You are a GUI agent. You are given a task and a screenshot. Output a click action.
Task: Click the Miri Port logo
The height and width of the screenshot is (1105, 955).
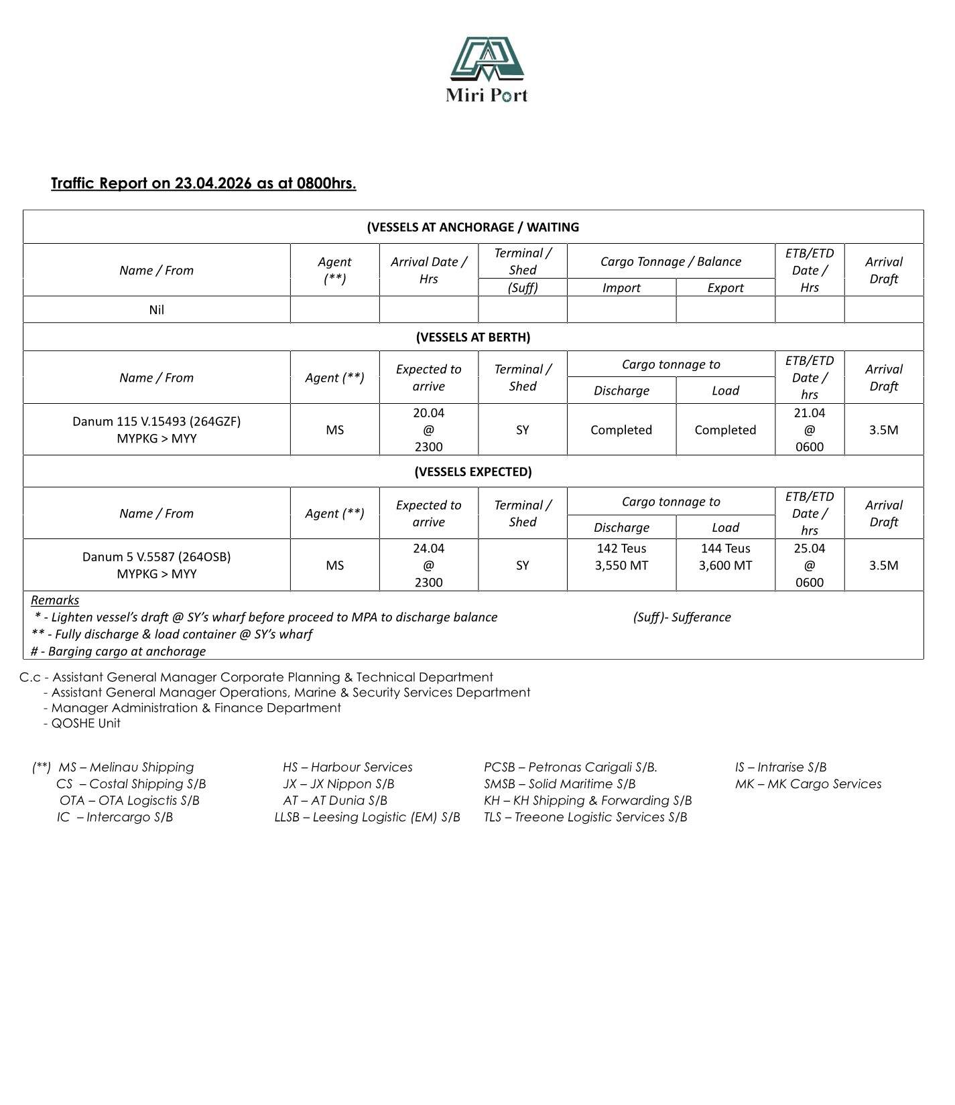pyautogui.click(x=487, y=69)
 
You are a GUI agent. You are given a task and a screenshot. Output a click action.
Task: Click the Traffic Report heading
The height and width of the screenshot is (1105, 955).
pyautogui.click(x=203, y=183)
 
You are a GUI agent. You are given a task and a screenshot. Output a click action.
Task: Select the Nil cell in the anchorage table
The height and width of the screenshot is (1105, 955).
pyautogui.click(x=156, y=309)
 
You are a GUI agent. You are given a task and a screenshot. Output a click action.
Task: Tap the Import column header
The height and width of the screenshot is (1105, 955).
pyautogui.click(x=621, y=287)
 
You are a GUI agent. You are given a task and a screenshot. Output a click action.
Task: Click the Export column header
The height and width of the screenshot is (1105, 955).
pyautogui.click(x=725, y=287)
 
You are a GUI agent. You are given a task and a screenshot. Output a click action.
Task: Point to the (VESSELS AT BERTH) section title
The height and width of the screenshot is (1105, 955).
pyautogui.click(x=472, y=337)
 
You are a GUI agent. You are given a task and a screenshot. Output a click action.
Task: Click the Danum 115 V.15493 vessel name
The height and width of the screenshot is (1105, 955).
pyautogui.click(x=156, y=421)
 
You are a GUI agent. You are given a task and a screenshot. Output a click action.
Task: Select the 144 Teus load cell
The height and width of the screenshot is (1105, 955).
pyautogui.click(x=725, y=557)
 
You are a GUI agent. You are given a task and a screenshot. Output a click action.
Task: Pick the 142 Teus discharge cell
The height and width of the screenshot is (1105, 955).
pyautogui.click(x=621, y=557)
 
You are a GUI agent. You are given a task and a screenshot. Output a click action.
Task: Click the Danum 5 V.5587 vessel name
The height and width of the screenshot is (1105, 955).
pyautogui.click(x=156, y=557)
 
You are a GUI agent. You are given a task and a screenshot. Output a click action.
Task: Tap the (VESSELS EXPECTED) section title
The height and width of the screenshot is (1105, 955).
pyautogui.click(x=472, y=471)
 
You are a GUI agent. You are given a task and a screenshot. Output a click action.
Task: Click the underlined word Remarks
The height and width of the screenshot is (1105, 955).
pyautogui.click(x=55, y=600)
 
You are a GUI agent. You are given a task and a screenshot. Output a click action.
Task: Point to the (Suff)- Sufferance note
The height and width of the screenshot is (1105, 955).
pyautogui.click(x=682, y=617)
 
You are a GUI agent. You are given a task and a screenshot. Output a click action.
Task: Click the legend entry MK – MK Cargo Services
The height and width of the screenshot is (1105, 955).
pyautogui.click(x=808, y=784)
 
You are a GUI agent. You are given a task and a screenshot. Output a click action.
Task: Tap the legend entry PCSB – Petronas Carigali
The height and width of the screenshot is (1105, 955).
pyautogui.click(x=570, y=767)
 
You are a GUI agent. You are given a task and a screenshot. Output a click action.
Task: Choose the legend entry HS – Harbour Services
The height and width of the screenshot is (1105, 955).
pyautogui.click(x=347, y=767)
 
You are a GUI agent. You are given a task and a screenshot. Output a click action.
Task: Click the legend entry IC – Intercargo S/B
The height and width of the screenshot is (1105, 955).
pyautogui.click(x=115, y=816)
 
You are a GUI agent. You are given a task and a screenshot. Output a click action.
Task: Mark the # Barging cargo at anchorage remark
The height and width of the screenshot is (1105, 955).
pyautogui.click(x=119, y=651)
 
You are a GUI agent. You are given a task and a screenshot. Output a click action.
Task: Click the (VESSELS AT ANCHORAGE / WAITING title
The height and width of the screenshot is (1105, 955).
pyautogui.click(x=472, y=227)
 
